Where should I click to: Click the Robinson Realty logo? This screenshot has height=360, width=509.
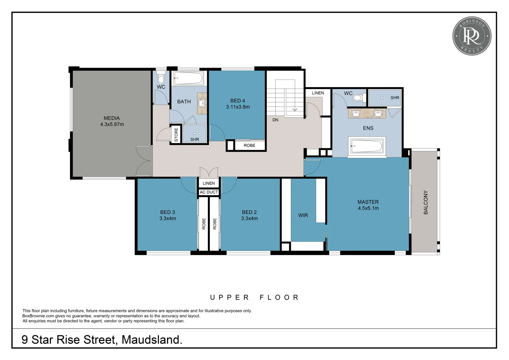click(x=471, y=36)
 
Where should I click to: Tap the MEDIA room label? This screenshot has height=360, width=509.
click(x=112, y=118)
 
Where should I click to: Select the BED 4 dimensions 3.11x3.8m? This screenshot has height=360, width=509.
click(x=238, y=107)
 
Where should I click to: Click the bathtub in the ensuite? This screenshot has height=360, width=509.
click(x=367, y=146)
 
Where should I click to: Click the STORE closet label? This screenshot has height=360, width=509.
click(x=176, y=134)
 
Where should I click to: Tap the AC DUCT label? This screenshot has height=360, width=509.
click(x=209, y=192)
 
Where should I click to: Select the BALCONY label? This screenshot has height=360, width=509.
click(x=425, y=202)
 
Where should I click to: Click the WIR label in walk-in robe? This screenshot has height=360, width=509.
click(x=303, y=215)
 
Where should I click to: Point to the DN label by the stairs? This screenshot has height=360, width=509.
click(x=275, y=120)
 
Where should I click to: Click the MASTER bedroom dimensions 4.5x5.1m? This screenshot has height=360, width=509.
click(x=368, y=208)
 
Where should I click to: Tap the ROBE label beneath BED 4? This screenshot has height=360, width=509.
click(x=250, y=146)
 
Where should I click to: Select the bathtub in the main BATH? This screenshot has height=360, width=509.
click(x=188, y=79)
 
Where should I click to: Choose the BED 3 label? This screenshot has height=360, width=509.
click(x=168, y=212)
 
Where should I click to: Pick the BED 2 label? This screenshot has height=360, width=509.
click(x=249, y=212)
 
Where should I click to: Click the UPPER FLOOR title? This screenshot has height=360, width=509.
click(x=254, y=297)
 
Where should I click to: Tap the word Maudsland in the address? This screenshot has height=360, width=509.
click(x=152, y=340)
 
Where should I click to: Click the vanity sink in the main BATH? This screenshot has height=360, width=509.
click(x=202, y=103)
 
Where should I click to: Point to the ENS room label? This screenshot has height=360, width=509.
click(x=368, y=128)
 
